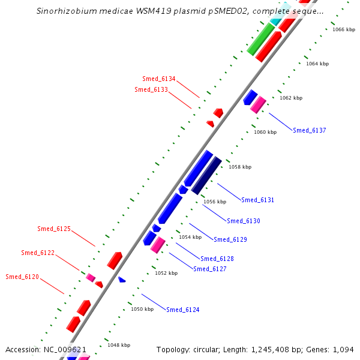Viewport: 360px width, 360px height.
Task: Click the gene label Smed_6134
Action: click(x=159, y=79)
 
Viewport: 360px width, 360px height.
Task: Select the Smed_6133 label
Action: click(x=151, y=90)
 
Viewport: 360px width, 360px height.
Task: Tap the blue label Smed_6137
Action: click(x=310, y=130)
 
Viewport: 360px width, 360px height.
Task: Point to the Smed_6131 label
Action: click(x=257, y=200)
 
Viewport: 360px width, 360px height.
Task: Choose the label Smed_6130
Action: click(x=244, y=221)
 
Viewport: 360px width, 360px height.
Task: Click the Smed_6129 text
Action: click(x=230, y=239)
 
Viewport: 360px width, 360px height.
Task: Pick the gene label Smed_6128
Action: click(x=217, y=259)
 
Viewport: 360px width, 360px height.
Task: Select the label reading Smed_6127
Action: click(x=210, y=269)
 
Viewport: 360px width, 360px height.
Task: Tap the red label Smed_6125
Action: click(x=54, y=229)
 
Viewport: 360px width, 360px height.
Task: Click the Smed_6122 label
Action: click(x=38, y=253)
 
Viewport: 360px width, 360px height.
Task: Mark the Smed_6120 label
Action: click(x=22, y=277)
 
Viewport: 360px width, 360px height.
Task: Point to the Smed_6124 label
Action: click(x=183, y=310)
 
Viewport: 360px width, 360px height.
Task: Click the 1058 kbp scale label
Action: click(x=240, y=167)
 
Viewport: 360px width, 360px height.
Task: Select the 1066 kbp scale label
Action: click(x=343, y=29)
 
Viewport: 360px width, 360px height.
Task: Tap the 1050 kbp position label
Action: click(x=142, y=309)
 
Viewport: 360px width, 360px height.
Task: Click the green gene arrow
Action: click(x=262, y=39)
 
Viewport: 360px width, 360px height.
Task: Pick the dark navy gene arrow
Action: click(x=206, y=176)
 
